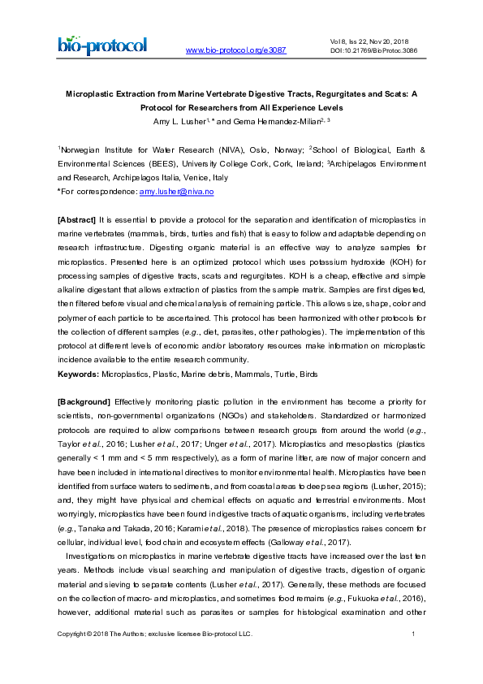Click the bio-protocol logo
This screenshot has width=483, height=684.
click(x=102, y=45)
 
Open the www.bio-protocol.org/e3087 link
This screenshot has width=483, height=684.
click(x=236, y=50)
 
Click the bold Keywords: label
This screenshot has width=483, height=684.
click(x=78, y=374)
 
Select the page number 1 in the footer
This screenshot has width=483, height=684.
click(x=414, y=656)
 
